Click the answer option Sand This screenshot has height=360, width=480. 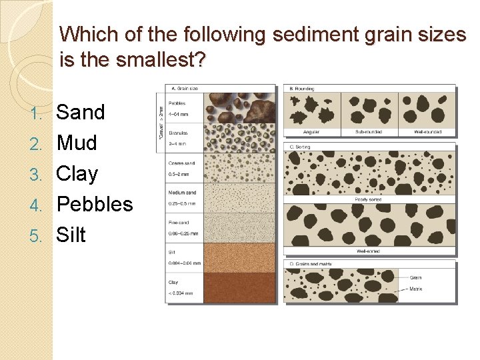click(x=81, y=112)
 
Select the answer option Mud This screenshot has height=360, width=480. click(x=77, y=143)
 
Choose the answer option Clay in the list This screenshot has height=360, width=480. click(x=77, y=173)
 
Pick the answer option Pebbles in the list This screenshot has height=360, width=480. click(x=95, y=205)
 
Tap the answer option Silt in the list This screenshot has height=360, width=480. click(x=71, y=235)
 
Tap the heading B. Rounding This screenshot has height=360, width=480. click(x=301, y=88)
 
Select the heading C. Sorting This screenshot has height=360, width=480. click(x=300, y=146)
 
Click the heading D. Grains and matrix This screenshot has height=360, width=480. click(x=311, y=265)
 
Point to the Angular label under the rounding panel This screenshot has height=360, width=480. click(x=311, y=132)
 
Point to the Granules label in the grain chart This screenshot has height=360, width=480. click(x=178, y=133)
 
